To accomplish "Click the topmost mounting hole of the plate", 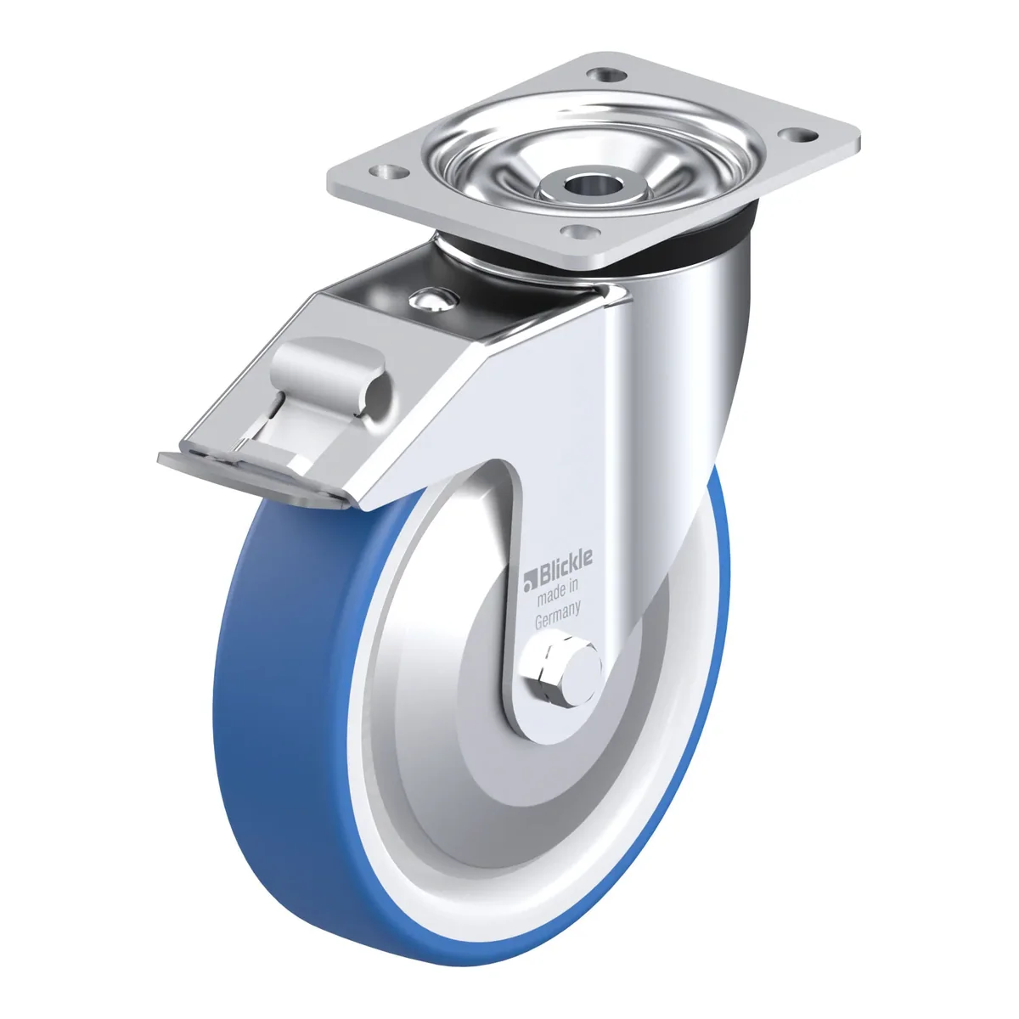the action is pos(606,75).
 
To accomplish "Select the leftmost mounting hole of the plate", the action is pos(389,172).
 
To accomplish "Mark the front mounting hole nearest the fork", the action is pos(580,231).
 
